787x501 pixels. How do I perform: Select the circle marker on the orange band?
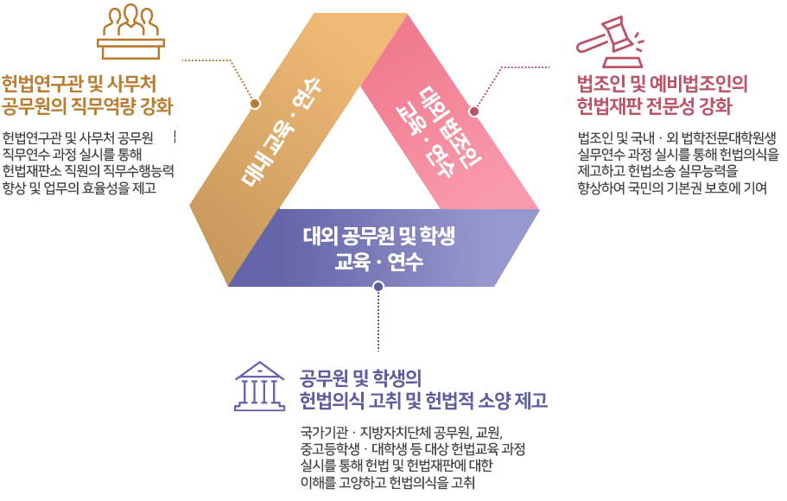(x=255, y=103)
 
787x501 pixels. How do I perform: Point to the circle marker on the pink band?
(x=474, y=111)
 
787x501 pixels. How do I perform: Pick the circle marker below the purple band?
(x=378, y=288)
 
